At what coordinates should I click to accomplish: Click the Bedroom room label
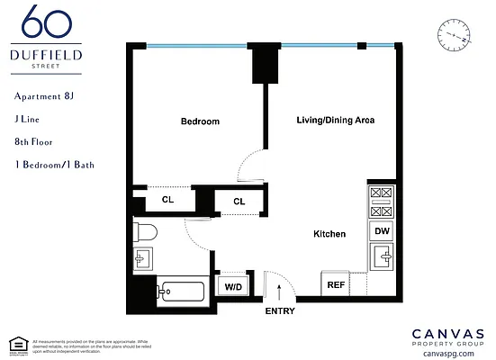click(199, 121)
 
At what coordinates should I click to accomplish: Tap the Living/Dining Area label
click(336, 120)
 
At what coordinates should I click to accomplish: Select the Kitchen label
click(329, 234)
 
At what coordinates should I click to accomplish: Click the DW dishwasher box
click(381, 231)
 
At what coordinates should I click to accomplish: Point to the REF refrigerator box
click(336, 284)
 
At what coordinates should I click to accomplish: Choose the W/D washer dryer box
click(233, 286)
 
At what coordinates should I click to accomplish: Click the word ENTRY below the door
click(279, 311)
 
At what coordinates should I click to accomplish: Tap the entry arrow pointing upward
click(280, 290)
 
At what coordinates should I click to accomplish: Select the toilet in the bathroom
click(145, 233)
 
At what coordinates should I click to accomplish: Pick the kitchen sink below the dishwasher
click(381, 260)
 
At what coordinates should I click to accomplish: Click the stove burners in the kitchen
click(381, 202)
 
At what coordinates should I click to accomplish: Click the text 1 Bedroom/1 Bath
click(54, 165)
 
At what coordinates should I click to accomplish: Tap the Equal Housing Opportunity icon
click(15, 343)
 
